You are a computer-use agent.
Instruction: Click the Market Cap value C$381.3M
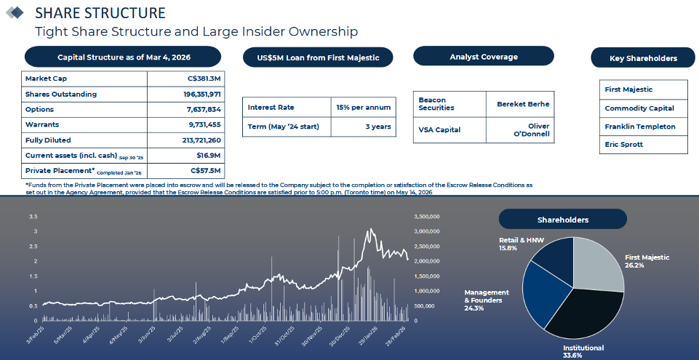204,79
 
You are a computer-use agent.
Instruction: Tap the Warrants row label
41,124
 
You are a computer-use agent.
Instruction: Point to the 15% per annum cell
363,107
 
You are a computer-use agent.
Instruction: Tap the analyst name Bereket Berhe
523,104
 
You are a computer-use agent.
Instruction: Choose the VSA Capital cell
439,129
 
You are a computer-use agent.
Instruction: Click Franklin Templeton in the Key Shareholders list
640,127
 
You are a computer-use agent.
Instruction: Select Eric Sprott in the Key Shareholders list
624,144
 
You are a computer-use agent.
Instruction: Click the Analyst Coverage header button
483,57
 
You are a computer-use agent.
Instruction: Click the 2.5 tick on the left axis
33,247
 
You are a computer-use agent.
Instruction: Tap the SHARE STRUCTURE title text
100,13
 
